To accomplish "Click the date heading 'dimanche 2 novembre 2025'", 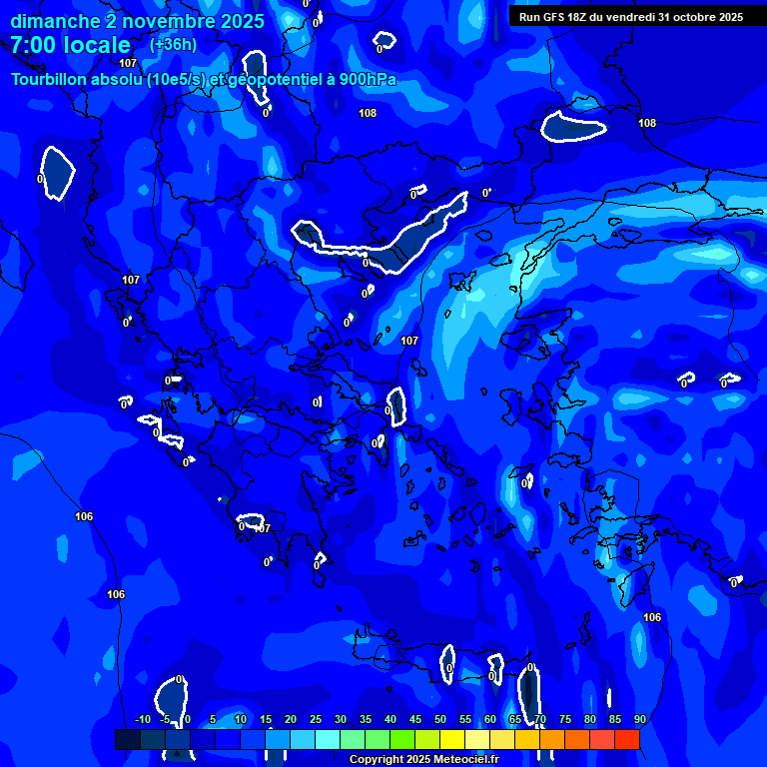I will [138, 21].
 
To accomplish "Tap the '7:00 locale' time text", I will [70, 45].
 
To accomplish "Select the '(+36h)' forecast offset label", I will [173, 44].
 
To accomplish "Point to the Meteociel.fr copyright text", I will [423, 760].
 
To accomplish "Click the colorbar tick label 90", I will [639, 720].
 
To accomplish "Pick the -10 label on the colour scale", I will [142, 720].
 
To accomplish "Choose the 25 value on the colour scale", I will [316, 720].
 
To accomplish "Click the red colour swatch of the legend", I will [626, 739].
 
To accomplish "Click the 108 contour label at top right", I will [647, 123].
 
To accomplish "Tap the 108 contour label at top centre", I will [368, 114].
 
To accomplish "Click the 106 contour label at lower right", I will [652, 618].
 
